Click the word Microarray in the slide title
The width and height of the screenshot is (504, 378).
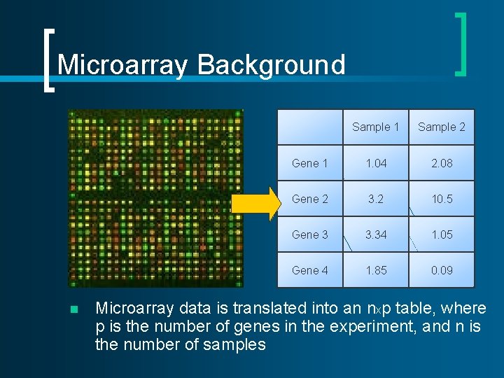(124, 65)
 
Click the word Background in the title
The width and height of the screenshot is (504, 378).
(272, 65)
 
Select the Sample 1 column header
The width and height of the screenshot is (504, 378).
(375, 127)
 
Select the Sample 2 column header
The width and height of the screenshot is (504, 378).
(442, 127)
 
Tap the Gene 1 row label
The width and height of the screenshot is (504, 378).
(309, 163)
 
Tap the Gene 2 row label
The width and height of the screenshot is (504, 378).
(309, 199)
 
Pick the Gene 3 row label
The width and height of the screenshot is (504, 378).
(309, 234)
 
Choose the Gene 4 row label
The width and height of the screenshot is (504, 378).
(309, 270)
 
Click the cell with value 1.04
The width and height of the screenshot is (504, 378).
(376, 163)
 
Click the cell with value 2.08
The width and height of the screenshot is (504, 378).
(442, 163)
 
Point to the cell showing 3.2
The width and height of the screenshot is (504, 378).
(376, 199)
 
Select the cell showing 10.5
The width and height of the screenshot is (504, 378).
(442, 199)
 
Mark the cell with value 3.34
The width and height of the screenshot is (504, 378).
(376, 234)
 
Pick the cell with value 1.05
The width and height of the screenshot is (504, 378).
(442, 234)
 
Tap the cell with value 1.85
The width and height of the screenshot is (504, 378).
(376, 270)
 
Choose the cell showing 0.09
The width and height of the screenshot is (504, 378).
(442, 270)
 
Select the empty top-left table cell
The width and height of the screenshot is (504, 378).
(309, 127)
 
